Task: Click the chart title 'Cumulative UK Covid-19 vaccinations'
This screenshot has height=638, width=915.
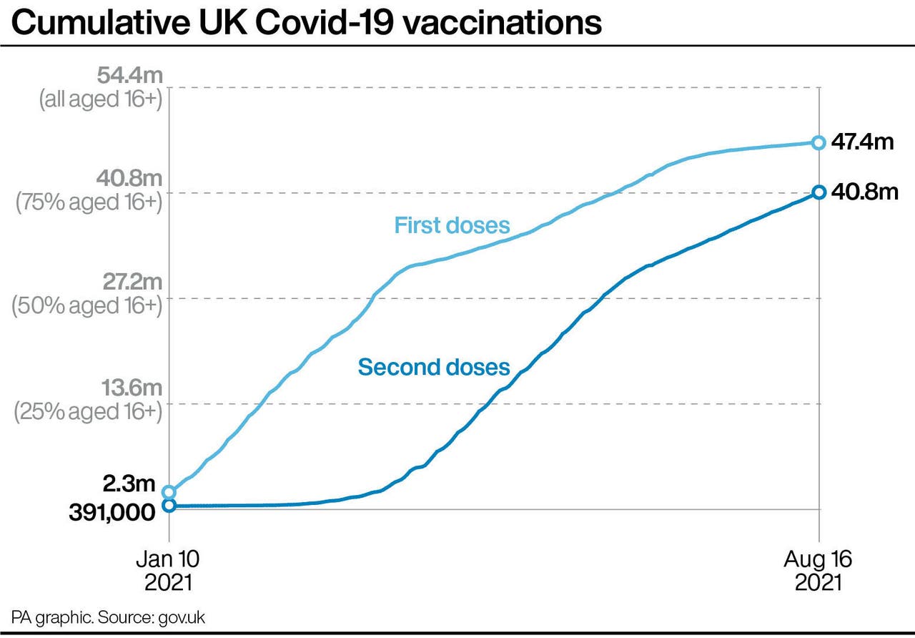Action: pyautogui.click(x=307, y=23)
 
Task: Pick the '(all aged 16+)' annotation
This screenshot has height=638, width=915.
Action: pyautogui.click(x=101, y=99)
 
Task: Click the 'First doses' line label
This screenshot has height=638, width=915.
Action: pyautogui.click(x=452, y=225)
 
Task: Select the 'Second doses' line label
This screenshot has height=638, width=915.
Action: pyautogui.click(x=434, y=367)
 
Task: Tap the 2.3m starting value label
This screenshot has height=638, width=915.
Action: pyautogui.click(x=129, y=484)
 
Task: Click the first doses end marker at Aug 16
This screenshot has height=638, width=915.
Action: pyautogui.click(x=818, y=142)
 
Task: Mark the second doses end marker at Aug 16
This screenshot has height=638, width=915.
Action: pyautogui.click(x=818, y=192)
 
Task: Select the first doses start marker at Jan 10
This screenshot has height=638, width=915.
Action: pyautogui.click(x=169, y=492)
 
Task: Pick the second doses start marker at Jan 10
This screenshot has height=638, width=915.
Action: pyautogui.click(x=169, y=506)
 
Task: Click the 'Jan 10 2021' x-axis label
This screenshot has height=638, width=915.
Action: pyautogui.click(x=169, y=570)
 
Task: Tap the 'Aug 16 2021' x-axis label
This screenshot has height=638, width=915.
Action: pyautogui.click(x=818, y=570)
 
